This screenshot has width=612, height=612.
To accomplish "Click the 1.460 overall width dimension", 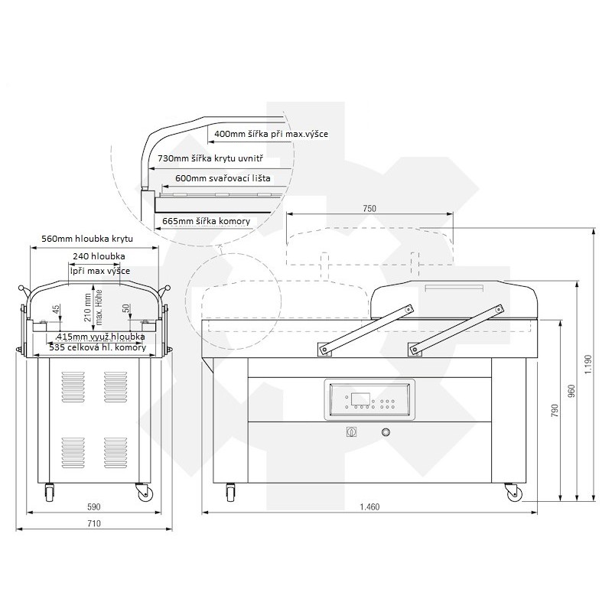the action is click(x=369, y=506).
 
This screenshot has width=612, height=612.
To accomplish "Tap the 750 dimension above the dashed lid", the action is click(x=369, y=208).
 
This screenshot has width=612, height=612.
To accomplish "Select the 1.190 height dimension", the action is click(x=588, y=364).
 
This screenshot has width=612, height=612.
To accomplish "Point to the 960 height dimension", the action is click(x=571, y=391).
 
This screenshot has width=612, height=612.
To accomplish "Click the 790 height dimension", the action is click(x=555, y=411).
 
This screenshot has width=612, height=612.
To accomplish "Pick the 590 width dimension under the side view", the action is click(x=93, y=506).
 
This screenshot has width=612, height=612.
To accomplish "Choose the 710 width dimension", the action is click(x=93, y=523).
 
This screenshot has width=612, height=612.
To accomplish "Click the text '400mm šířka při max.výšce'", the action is click(x=271, y=134).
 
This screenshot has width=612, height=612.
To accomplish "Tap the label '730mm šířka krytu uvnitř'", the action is click(x=210, y=158).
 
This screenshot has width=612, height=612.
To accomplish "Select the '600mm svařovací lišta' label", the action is click(x=223, y=178).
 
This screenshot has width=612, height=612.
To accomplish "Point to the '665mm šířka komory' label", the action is click(x=206, y=221).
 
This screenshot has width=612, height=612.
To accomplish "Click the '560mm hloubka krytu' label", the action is click(x=87, y=239).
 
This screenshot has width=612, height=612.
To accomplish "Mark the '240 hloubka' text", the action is click(x=99, y=256).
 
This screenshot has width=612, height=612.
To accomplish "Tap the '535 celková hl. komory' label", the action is click(x=98, y=347).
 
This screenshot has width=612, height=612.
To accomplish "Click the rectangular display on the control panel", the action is click(x=360, y=399).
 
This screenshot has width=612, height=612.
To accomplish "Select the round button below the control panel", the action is click(x=386, y=432).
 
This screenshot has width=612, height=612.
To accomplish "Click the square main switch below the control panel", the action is click(x=351, y=432).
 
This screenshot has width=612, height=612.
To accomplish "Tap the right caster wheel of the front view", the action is click(x=513, y=493).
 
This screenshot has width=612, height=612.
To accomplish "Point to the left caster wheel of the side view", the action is click(x=50, y=493).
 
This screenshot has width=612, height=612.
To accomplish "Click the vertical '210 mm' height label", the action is click(x=88, y=308).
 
